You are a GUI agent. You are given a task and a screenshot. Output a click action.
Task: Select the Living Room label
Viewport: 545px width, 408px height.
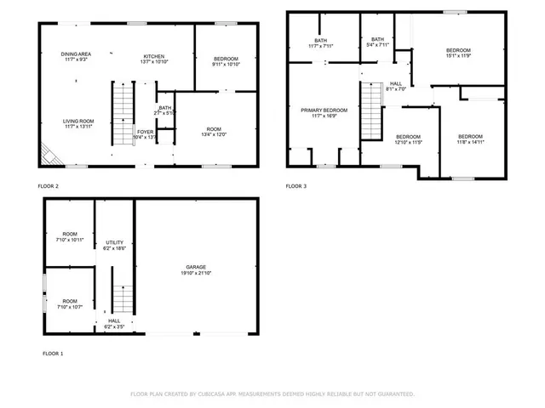click(77, 123)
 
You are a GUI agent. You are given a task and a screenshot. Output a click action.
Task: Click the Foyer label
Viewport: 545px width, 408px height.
click(146, 132)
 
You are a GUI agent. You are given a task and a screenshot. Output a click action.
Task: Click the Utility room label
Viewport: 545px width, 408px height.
click(114, 245)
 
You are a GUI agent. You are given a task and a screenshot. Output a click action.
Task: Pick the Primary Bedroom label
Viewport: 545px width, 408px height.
click(324, 113)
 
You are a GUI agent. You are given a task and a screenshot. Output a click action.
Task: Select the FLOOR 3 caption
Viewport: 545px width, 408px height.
click(296, 185)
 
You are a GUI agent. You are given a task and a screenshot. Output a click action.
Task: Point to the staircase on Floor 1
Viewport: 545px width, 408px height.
click(123, 300)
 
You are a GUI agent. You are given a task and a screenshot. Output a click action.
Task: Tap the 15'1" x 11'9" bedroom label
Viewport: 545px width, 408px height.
click(458, 54)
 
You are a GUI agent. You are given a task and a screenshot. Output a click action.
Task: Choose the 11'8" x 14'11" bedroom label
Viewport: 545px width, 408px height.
click(470, 139)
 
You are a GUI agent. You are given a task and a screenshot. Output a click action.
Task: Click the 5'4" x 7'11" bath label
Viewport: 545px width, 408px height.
click(378, 42)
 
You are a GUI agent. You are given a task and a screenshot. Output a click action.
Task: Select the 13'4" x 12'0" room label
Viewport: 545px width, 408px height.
click(214, 132)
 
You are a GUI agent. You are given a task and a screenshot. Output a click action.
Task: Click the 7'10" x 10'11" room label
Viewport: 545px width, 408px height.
click(69, 236)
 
